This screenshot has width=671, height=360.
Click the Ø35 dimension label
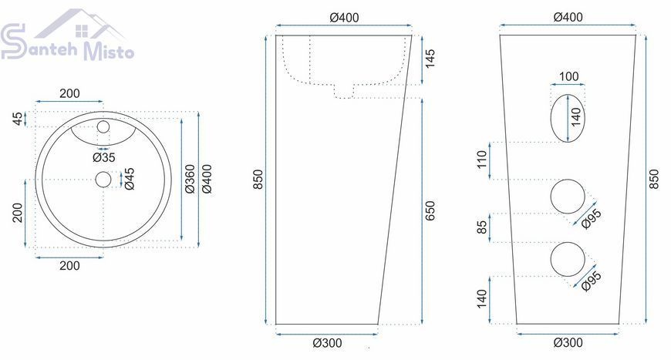point(104,158)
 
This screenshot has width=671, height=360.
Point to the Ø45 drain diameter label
point(129,179)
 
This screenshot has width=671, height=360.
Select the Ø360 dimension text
point(190,179)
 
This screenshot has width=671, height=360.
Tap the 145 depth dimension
point(430,58)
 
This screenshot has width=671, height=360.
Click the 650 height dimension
point(430,210)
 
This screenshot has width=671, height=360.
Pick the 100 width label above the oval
point(568,76)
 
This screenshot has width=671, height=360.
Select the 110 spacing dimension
point(482,160)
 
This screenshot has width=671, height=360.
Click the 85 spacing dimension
point(482,227)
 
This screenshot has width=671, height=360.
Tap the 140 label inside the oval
point(576,116)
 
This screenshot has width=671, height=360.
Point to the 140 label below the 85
point(482,298)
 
